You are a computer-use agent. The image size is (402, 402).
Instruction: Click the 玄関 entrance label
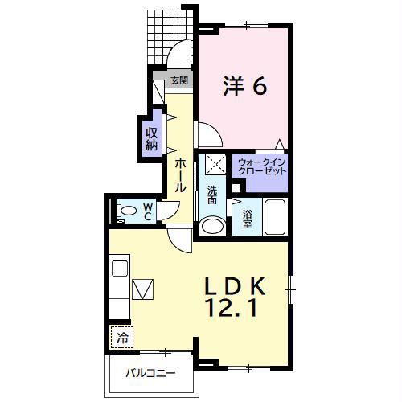click(179, 80)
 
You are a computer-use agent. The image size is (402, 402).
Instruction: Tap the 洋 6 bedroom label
click(245, 86)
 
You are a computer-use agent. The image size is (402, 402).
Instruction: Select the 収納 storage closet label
click(151, 138)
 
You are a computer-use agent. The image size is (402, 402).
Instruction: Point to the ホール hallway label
click(180, 174)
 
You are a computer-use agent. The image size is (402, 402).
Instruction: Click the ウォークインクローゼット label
click(262, 166)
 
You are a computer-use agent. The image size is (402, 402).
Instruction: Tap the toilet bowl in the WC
click(126, 210)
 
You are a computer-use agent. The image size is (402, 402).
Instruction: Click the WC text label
click(148, 211)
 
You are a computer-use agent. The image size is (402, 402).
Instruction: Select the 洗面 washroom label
click(212, 195)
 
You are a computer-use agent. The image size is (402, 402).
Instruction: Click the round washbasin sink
click(212, 227)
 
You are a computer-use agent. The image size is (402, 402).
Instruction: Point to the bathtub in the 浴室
click(275, 217)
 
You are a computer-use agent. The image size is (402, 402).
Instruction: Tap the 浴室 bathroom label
click(248, 219)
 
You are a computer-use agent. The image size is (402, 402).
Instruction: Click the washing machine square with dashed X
click(215, 164)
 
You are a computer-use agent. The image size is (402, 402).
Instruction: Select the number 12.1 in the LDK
click(231, 308)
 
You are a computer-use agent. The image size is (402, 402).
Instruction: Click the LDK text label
click(235, 286)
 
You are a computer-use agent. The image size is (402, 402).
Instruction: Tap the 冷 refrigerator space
click(122, 337)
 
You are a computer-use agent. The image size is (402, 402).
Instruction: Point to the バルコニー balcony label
click(151, 373)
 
